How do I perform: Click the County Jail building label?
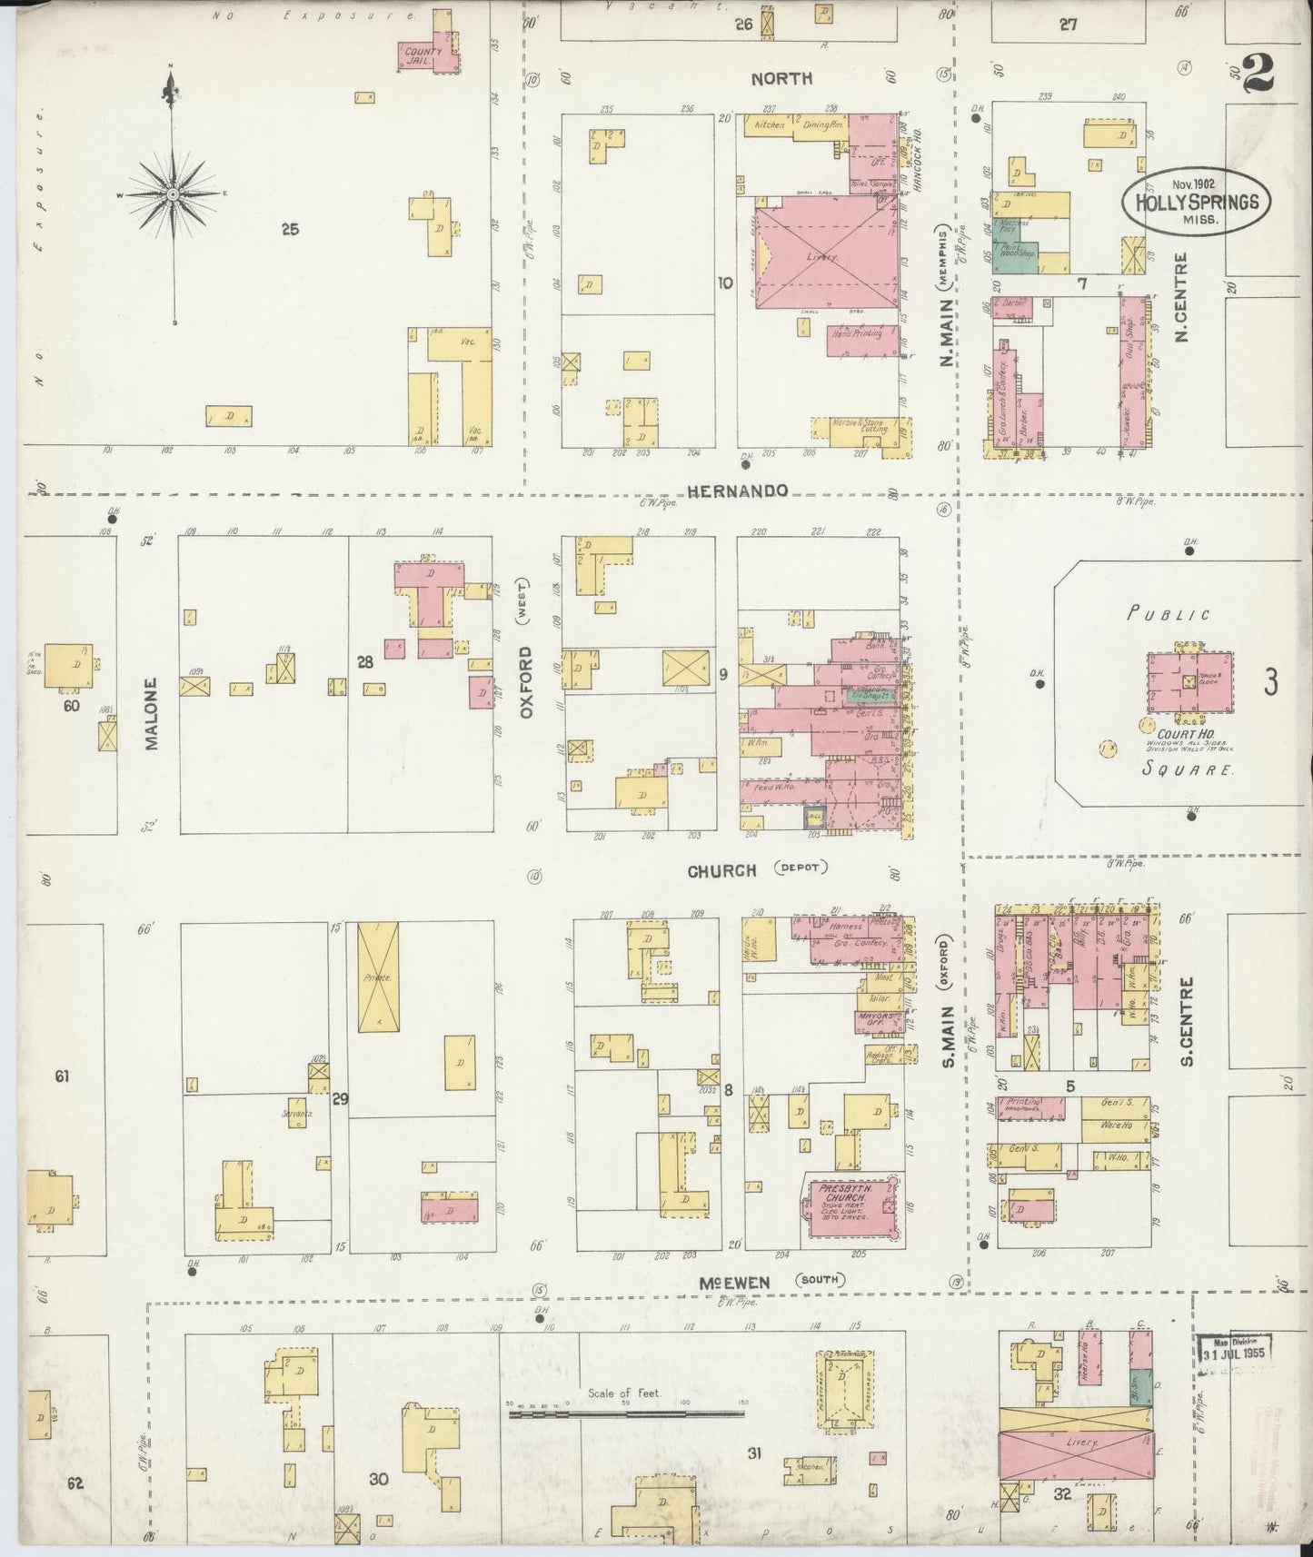pos(423,55)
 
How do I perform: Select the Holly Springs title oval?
pos(1197,200)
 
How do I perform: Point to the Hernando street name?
pos(737,491)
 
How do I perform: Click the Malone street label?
pos(151,726)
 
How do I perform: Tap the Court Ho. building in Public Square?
pos(1189,682)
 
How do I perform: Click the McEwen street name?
pos(734,1282)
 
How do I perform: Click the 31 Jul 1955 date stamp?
pos(1234,1350)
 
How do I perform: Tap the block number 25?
pos(290,230)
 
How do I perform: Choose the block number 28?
pos(364,662)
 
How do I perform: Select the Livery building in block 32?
pos(1078,1442)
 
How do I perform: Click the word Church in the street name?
pos(721,871)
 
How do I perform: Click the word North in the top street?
pos(781,79)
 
